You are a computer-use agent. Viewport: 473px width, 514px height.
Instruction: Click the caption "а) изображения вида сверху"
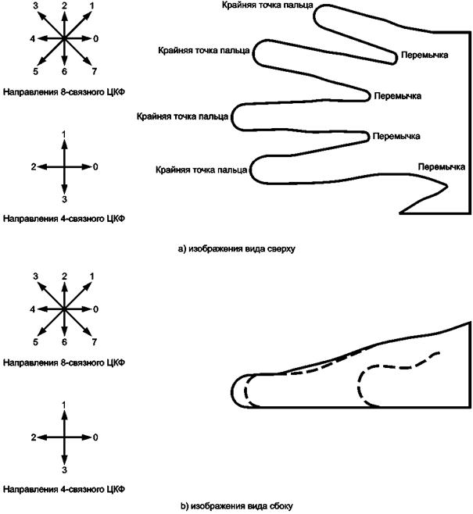pos(236,249)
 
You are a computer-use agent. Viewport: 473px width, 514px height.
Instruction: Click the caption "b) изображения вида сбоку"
pos(236,506)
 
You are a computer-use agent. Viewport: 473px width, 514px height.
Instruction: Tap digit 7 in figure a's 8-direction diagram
pos(94,71)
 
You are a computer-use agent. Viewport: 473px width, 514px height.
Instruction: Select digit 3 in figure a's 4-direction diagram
pos(64,199)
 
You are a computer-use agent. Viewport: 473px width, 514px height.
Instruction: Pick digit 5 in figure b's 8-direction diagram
pos(35,342)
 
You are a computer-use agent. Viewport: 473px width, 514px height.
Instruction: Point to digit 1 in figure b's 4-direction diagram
pos(64,405)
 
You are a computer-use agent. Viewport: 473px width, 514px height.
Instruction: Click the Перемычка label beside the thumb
pos(441,167)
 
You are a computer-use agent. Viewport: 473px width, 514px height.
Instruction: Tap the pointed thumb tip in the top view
pos(446,186)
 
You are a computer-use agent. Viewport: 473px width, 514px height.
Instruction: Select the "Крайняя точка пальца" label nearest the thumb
pos(202,170)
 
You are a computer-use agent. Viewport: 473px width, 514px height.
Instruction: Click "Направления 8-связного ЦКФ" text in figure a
pos(64,92)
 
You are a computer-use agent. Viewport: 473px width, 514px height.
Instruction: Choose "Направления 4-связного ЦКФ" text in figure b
pos(64,489)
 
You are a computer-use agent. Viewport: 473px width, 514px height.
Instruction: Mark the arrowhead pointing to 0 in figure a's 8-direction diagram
pos(86,39)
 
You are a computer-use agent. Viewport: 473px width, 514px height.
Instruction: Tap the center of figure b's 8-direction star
pos(64,309)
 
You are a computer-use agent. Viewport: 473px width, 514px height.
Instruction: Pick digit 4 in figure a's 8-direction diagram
pos(33,39)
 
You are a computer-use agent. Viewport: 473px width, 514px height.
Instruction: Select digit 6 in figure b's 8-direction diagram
pos(64,342)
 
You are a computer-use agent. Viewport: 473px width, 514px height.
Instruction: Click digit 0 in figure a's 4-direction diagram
pos(95,167)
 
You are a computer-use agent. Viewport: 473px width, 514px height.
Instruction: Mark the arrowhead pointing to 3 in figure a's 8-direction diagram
pos(41,15)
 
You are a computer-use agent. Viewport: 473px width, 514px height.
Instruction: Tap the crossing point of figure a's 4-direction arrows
pos(64,167)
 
